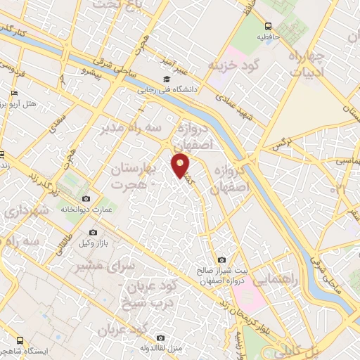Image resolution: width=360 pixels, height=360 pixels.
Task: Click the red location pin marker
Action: point(181,165)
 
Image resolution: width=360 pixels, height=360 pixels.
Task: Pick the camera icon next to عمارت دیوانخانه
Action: point(86,199)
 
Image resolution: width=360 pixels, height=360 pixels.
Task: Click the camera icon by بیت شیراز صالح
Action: point(222,259)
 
